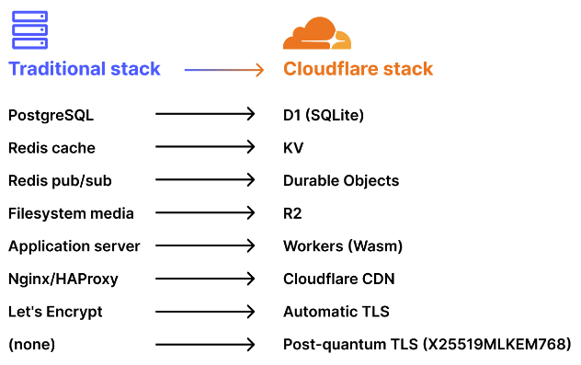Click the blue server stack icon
(29, 29)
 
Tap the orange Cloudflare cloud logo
(316, 34)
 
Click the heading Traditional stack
(85, 69)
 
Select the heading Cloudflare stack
(358, 69)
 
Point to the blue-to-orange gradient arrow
(223, 69)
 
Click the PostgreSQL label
(51, 115)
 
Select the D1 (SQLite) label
(324, 115)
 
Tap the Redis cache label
(51, 148)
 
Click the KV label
(293, 148)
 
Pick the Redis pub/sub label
(60, 181)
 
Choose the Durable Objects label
(341, 181)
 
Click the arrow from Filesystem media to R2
(204, 213)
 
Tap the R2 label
(292, 213)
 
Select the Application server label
(74, 246)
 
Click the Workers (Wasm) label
(343, 246)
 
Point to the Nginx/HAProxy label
(63, 279)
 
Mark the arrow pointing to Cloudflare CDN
(204, 279)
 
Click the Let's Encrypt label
(55, 312)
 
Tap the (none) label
(32, 345)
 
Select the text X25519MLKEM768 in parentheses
(496, 345)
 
